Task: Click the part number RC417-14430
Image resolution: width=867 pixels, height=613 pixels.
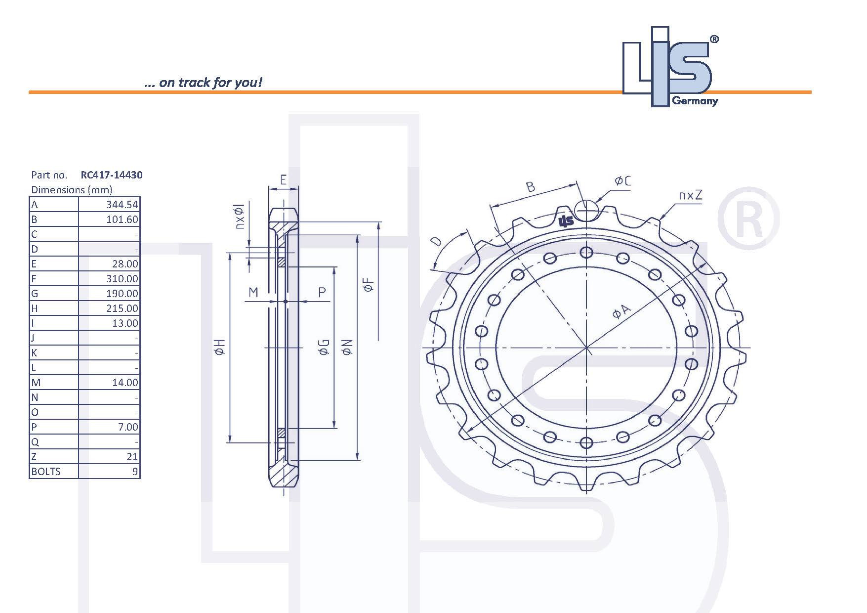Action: click(111, 175)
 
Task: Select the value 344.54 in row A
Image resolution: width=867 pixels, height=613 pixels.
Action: click(122, 204)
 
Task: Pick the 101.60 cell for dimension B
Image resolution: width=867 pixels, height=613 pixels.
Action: click(122, 219)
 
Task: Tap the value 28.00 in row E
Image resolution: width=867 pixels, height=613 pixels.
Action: click(124, 263)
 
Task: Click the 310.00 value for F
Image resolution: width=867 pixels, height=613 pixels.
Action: click(122, 278)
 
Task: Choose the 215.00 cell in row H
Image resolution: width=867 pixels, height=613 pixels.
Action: click(122, 308)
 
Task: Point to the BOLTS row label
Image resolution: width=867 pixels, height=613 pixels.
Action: click(46, 471)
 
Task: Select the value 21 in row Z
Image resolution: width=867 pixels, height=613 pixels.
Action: click(131, 456)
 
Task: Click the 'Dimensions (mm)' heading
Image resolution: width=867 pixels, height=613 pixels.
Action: click(72, 189)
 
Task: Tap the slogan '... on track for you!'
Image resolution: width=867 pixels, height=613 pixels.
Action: click(203, 82)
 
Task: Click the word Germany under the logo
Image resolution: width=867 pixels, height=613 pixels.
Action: click(695, 101)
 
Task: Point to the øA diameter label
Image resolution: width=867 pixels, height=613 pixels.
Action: click(621, 311)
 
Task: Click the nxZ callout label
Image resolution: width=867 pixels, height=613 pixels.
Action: click(690, 195)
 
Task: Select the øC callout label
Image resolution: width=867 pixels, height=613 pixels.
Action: click(622, 181)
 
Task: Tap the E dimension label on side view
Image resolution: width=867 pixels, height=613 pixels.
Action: click(283, 179)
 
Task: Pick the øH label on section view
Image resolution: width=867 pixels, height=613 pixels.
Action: click(220, 347)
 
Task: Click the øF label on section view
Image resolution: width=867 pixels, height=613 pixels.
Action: click(369, 285)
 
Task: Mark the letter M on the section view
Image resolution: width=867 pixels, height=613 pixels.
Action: click(253, 292)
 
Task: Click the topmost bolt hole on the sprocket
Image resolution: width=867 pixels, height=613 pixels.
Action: click(586, 253)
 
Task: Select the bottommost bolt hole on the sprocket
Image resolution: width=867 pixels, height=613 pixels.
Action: click(586, 442)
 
